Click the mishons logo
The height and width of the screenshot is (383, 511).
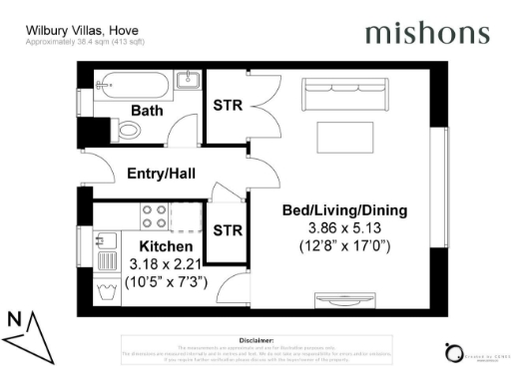[427, 33]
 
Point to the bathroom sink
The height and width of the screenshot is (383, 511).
[187, 80]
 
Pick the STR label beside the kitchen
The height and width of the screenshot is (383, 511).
[228, 230]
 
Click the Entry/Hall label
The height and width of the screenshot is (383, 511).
[161, 174]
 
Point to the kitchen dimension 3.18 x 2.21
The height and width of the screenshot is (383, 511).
[164, 264]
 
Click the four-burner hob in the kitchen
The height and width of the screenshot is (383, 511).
[155, 217]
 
